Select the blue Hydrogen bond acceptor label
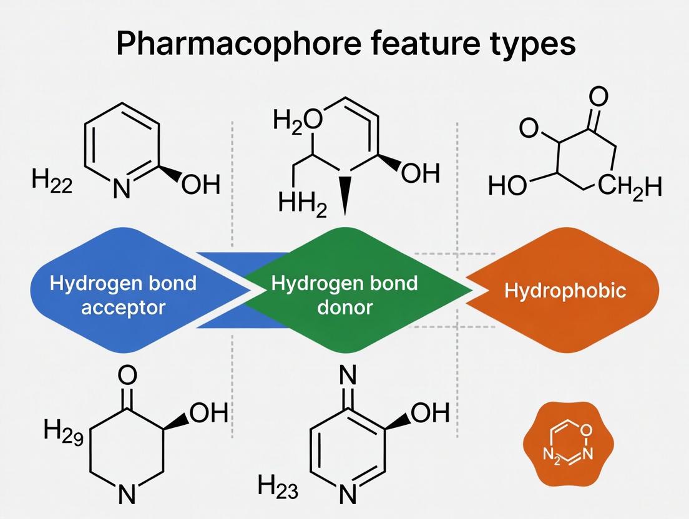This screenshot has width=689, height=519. pos(122,294)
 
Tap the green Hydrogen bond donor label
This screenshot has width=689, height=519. pos(344,294)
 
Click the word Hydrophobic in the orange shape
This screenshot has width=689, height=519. pos(565,291)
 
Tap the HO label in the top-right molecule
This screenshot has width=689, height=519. pos(508,186)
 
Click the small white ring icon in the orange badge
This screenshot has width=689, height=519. pos(567,442)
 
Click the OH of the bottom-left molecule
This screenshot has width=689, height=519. pos(208,413)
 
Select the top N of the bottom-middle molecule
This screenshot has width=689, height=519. pos(348,376)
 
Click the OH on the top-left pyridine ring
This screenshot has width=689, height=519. pos(200,185)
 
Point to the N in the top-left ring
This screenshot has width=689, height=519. pos(122,188)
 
